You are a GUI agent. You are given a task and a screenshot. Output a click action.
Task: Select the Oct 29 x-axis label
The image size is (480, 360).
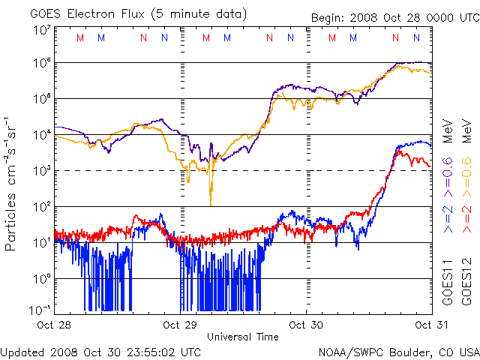178,325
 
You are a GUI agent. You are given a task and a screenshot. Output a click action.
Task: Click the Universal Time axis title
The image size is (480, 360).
243,337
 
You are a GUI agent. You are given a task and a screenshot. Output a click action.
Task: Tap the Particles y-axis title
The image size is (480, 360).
12,183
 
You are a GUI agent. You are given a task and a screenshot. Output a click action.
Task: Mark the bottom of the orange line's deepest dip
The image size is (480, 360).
211,204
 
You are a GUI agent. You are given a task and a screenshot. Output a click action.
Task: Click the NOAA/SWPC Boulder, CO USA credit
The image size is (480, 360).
398,351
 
